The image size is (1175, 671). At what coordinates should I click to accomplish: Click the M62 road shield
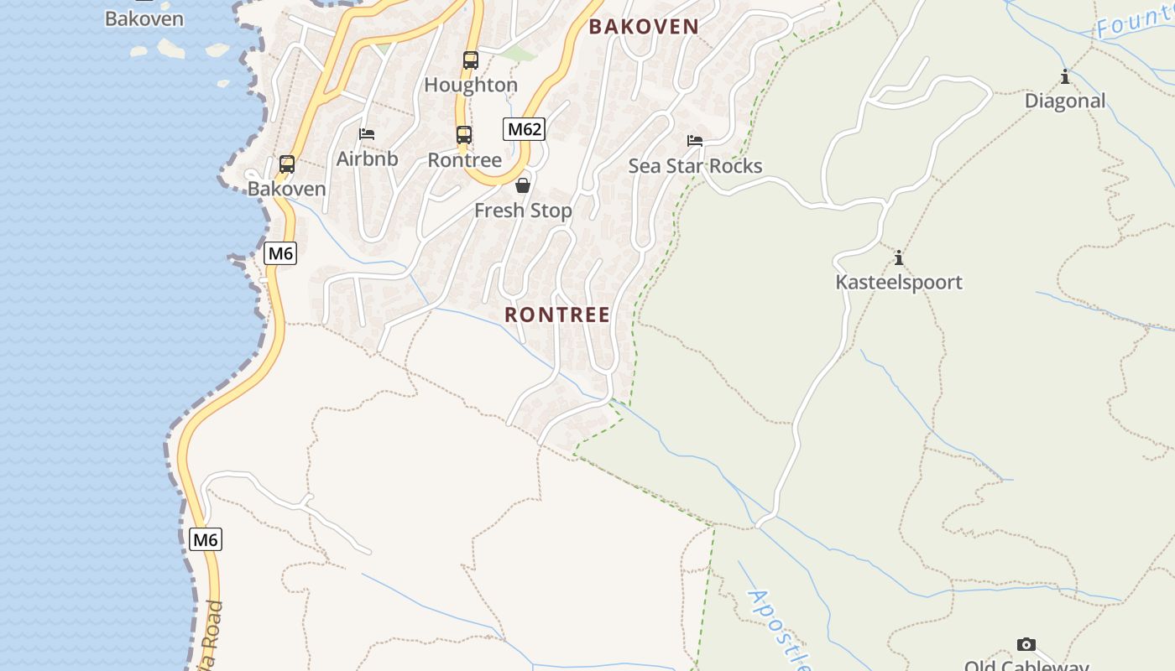point(525,129)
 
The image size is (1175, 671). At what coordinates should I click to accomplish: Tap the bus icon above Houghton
point(471,60)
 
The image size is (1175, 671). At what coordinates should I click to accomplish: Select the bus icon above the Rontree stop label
point(464,134)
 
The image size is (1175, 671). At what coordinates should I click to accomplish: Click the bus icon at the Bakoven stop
point(287,164)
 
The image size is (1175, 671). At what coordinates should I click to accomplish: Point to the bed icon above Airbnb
point(367,133)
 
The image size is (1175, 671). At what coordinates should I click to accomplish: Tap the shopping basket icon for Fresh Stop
point(523,185)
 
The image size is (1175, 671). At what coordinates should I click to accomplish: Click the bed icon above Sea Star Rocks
point(695,140)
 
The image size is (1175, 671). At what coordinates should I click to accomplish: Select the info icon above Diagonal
point(1065,77)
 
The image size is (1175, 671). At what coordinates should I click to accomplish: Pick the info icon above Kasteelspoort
point(899,257)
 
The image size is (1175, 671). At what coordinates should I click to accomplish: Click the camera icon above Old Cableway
point(1026,644)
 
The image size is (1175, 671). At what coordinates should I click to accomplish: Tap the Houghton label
point(471,85)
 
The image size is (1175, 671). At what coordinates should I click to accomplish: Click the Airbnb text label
point(368,159)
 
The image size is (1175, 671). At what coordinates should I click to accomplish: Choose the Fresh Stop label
point(523,211)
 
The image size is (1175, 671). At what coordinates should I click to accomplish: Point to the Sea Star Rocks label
point(695,165)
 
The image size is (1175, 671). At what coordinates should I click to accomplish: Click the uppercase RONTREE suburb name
point(557,315)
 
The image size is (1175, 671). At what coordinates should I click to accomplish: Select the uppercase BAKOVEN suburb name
point(644,26)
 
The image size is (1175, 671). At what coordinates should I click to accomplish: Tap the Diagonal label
point(1065,101)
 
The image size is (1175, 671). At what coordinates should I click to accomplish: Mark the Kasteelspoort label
point(899,282)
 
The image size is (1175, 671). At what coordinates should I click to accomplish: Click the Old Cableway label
point(1026,665)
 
